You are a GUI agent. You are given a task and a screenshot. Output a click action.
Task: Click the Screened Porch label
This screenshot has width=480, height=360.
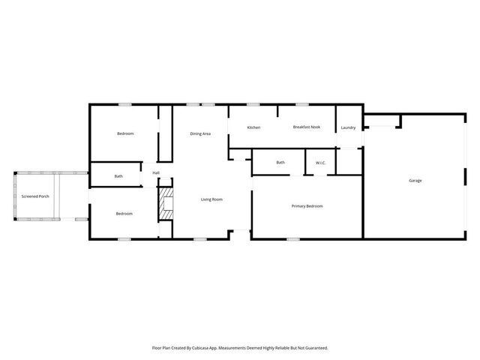click(35, 196)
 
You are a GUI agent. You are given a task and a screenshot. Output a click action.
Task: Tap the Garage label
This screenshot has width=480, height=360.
click(415, 181)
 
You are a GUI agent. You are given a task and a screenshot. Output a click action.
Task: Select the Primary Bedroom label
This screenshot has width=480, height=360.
click(307, 205)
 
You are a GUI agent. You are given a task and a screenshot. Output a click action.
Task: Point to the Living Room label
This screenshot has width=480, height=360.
click(211, 199)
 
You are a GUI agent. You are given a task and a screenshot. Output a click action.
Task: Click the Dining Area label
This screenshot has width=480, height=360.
click(200, 133)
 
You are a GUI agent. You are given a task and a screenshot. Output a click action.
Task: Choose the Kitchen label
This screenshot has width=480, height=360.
click(254, 127)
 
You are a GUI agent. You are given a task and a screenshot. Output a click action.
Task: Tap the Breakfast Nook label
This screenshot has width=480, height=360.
click(306, 127)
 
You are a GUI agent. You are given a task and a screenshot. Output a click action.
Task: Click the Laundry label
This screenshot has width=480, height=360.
click(348, 127)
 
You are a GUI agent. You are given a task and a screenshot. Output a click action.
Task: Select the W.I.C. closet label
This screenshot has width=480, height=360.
click(320, 163)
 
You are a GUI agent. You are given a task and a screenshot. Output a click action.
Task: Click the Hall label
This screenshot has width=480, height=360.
click(156, 173)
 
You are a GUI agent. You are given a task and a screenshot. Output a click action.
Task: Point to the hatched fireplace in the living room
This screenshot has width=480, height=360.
click(166, 205)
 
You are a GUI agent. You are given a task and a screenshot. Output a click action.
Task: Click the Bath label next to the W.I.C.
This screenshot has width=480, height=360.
click(280, 163)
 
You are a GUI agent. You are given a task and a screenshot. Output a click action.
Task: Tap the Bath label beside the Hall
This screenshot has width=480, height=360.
click(118, 176)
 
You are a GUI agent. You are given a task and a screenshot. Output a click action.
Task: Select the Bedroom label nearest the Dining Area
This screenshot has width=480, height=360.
click(125, 133)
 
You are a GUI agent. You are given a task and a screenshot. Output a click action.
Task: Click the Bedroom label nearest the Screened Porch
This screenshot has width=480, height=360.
click(124, 214)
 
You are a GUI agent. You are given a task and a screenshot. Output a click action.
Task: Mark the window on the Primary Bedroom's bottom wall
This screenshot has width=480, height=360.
click(293, 239)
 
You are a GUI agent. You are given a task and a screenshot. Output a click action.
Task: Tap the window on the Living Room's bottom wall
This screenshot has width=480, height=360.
click(200, 239)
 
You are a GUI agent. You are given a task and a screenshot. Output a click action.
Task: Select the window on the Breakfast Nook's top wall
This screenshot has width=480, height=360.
click(302, 104)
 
